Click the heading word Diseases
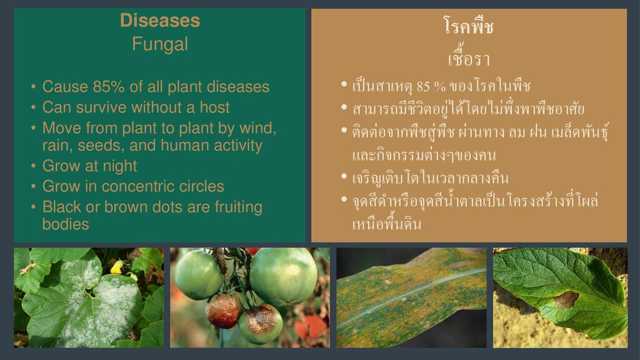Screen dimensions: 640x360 tap(160, 21)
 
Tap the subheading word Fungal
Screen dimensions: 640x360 tap(160, 44)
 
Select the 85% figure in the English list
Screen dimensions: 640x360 tap(109, 86)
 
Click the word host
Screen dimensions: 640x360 tap(215, 107)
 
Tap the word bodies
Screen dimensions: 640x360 tap(65, 224)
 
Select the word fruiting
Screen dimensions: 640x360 tap(238, 207)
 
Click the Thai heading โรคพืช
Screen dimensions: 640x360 tap(469, 26)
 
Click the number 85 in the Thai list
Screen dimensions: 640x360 tap(423, 86)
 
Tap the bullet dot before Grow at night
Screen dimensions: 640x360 tap(34, 166)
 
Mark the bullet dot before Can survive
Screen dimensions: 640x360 tap(34, 107)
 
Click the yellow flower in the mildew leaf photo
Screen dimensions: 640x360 tap(117, 267)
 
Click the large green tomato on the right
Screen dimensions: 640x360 tap(283, 277)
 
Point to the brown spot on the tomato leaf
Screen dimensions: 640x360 tap(566, 299)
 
